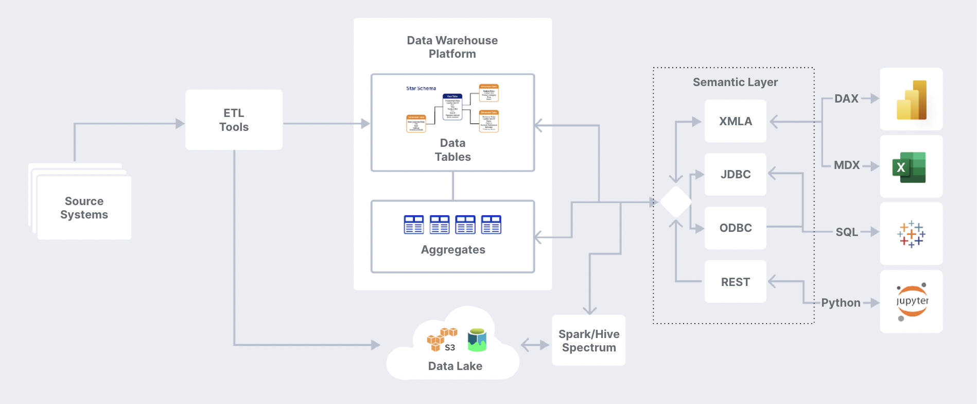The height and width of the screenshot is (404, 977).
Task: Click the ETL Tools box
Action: [234, 120]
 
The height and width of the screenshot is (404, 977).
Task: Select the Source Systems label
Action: [84, 208]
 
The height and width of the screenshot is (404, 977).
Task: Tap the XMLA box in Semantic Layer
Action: [735, 121]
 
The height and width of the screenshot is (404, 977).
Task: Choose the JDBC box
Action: [735, 174]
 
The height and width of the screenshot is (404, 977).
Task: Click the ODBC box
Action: [735, 228]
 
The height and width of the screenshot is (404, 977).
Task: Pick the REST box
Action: [735, 282]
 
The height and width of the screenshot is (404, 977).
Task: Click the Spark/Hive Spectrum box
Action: [588, 341]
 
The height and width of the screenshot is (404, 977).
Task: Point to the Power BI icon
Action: [911, 100]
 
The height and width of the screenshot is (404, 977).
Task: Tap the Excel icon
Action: [910, 167]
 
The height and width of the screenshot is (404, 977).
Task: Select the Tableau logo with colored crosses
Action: [911, 234]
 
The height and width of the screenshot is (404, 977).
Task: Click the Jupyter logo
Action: [912, 301]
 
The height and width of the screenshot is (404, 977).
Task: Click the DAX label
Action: [846, 98]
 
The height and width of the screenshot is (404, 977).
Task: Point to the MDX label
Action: [847, 165]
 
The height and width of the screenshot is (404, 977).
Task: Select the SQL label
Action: [847, 232]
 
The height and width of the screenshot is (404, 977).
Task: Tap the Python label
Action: [841, 303]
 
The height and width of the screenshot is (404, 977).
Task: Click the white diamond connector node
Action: [676, 202]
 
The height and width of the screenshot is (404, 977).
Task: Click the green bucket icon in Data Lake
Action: [477, 340]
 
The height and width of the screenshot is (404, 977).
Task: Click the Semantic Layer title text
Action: [735, 82]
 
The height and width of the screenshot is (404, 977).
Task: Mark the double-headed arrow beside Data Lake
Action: [535, 345]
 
